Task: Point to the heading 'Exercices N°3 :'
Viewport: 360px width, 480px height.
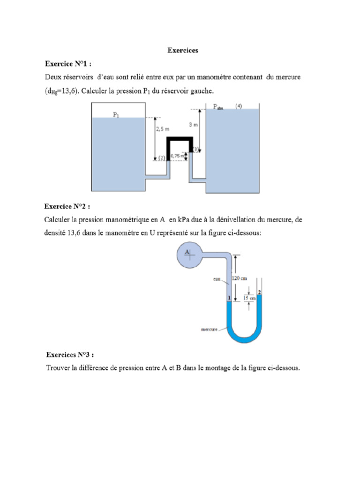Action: (73, 355)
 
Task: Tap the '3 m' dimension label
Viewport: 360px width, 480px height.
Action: (194, 125)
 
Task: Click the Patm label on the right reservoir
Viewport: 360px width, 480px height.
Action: (218, 107)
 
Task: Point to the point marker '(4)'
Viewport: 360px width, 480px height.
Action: (239, 106)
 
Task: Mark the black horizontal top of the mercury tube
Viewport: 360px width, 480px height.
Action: (180, 139)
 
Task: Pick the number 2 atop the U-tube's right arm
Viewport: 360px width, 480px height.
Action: (259, 292)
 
